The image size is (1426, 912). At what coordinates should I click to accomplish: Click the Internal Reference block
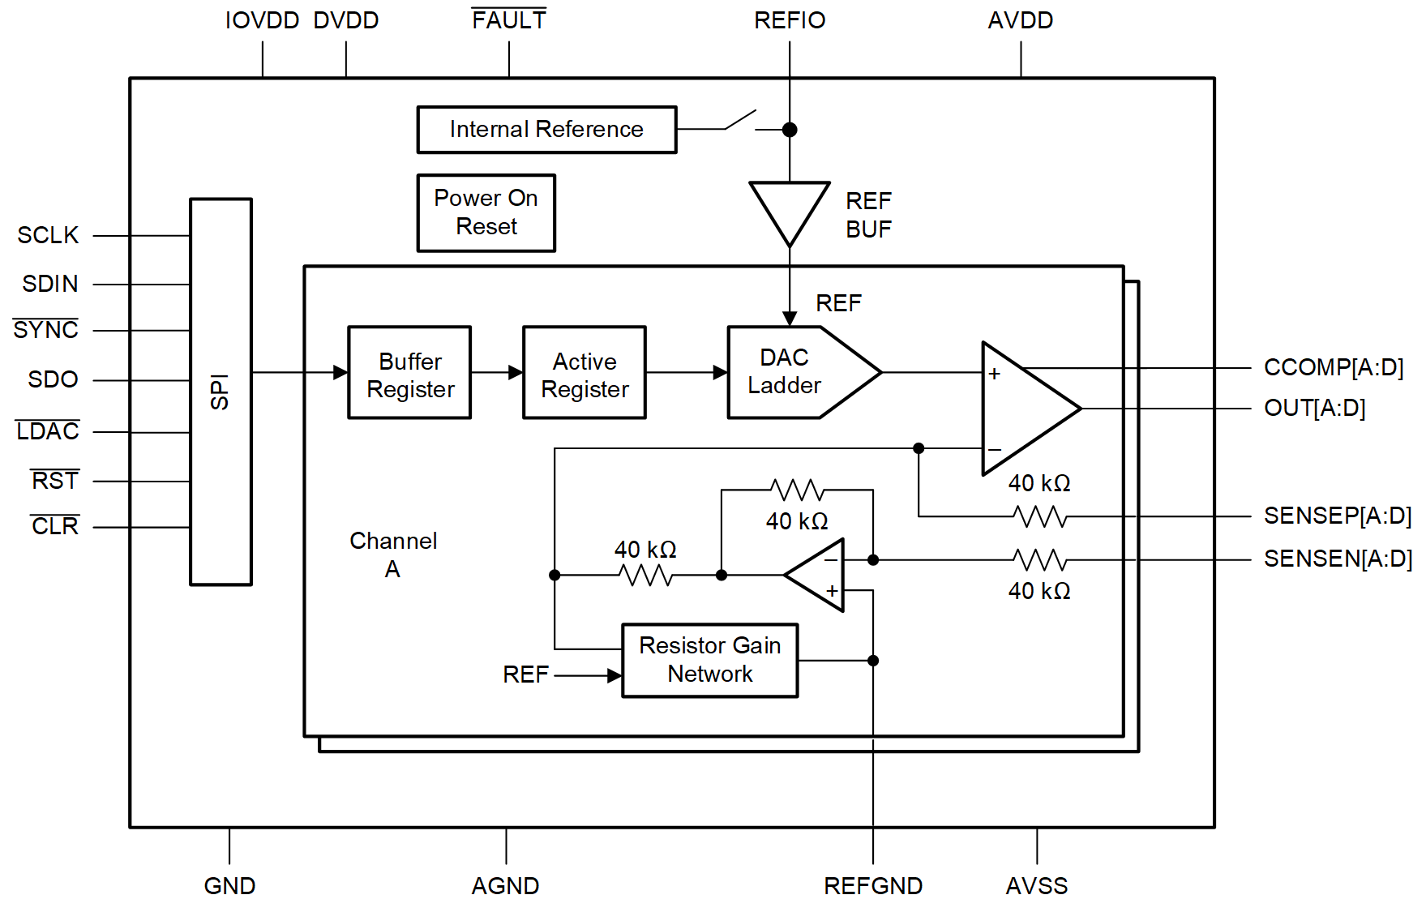coord(546,130)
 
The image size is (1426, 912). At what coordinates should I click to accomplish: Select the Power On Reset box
coord(486,213)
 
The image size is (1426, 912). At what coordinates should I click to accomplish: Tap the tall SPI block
coord(221,392)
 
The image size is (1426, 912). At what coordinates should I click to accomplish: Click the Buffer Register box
coord(409,373)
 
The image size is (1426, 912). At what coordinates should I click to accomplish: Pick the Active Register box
coord(584,373)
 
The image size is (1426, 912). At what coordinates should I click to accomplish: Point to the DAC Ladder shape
coord(794,373)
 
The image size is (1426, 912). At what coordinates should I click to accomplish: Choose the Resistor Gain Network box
coord(709,660)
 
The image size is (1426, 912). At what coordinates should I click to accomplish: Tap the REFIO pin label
coord(789,20)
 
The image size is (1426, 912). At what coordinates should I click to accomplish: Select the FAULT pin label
coord(508,20)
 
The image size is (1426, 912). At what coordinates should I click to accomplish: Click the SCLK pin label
coord(48,235)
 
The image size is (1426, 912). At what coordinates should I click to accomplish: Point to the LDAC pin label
coord(48,431)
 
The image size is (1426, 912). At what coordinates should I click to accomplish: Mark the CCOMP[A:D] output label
coord(1333,367)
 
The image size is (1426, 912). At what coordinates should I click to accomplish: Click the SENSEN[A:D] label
coord(1337,559)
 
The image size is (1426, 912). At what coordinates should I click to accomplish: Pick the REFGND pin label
coord(872,886)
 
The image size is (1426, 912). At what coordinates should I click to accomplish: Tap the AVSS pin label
coord(1036,886)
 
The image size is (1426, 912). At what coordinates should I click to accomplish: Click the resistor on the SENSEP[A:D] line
coord(1039,516)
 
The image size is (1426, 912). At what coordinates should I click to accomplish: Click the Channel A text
coord(393,554)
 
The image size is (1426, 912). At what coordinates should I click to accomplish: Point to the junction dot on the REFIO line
coord(790,130)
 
